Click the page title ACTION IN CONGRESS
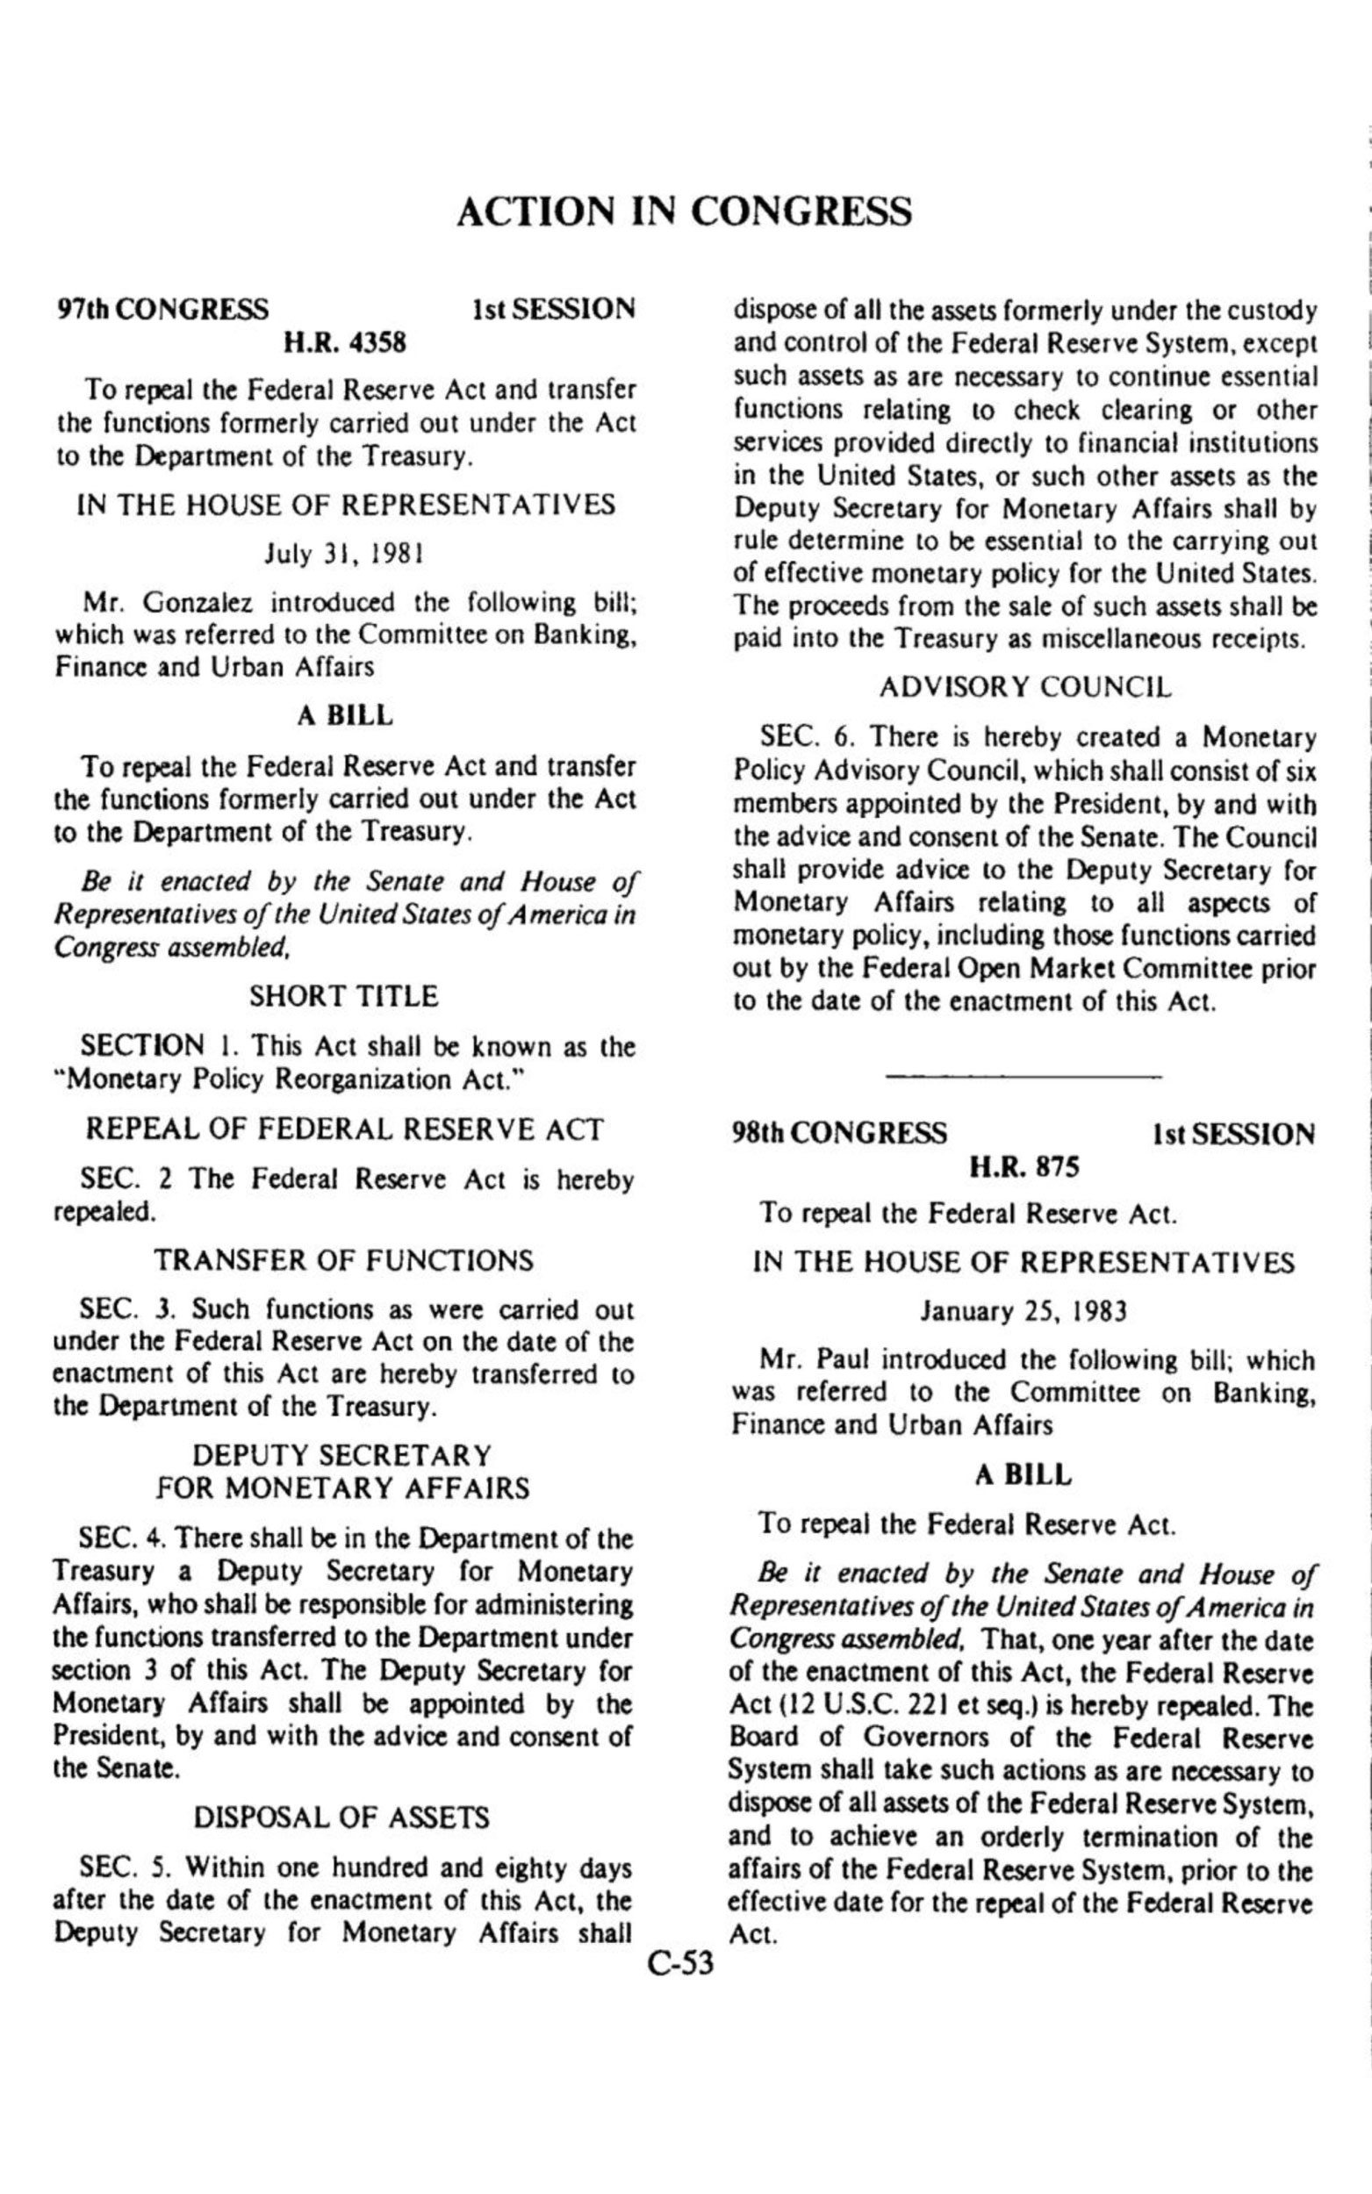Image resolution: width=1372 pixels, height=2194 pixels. coord(684,212)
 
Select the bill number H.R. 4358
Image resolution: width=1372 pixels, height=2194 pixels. coord(345,343)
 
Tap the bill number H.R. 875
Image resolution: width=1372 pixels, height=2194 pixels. coord(1024,1166)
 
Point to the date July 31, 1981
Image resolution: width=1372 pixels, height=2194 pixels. coord(344,552)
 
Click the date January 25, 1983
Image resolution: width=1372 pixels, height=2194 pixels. coord(1024,1311)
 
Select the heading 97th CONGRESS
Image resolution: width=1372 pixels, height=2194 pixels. coord(162,309)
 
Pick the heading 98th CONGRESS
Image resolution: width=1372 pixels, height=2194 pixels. coord(840,1134)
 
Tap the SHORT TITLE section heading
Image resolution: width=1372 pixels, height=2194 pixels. coord(343,997)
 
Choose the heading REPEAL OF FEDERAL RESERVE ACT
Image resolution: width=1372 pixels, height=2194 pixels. coord(344,1129)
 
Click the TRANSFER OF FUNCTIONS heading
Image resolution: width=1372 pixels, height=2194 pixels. coord(343,1260)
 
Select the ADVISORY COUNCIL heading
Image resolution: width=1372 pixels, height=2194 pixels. coord(1024,687)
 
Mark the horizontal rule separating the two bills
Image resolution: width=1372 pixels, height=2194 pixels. coord(1024,1077)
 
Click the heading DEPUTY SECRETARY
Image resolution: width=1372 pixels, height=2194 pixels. coord(343,1456)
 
